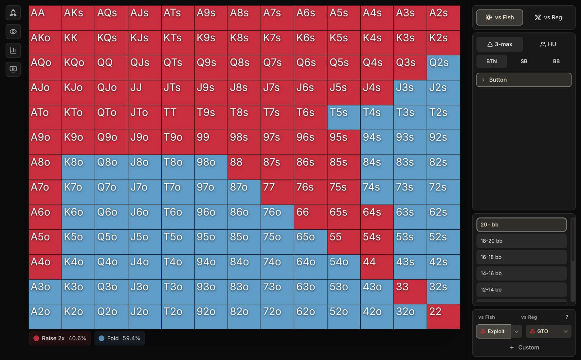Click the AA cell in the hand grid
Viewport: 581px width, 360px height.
tap(45, 18)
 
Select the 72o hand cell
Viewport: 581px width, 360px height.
tap(277, 316)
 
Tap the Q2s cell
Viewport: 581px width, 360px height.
tap(443, 67)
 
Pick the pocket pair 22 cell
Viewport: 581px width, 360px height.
tap(443, 316)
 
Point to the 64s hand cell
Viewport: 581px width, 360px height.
tap(377, 217)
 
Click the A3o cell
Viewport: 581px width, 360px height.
tap(45, 292)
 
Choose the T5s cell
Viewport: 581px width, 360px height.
tap(344, 117)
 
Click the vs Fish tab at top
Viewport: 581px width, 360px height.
tap(499, 17)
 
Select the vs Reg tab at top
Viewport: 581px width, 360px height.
tap(548, 17)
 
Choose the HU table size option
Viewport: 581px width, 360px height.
tap(548, 44)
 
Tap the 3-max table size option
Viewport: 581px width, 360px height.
tap(499, 44)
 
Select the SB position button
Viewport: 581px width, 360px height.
tap(524, 61)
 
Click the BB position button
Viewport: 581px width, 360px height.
tap(556, 61)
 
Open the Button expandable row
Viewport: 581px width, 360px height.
tap(524, 80)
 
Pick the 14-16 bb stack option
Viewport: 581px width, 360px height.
tap(521, 273)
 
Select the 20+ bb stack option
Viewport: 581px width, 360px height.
tap(521, 225)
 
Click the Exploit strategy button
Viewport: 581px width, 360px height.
tap(493, 331)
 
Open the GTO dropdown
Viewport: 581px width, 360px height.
tap(549, 331)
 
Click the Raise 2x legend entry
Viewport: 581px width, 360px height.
tap(60, 338)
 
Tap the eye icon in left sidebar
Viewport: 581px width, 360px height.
tap(13, 32)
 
